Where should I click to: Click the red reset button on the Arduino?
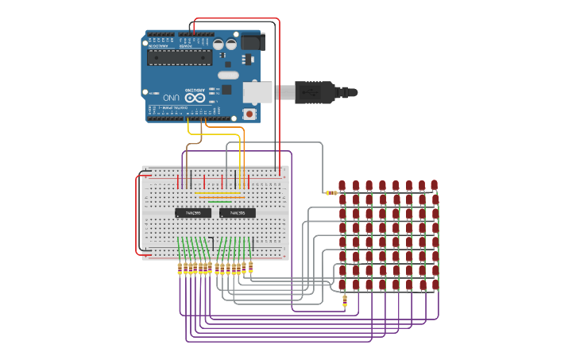coord(250,114)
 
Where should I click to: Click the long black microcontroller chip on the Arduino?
coord(180,57)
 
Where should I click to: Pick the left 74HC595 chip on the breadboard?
coord(193,213)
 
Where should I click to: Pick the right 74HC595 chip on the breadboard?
coord(238,213)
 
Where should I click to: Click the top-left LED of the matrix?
coord(342,186)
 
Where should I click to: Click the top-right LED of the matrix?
coord(435,184)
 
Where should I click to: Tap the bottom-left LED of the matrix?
coord(342,284)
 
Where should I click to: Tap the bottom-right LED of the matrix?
coord(435,283)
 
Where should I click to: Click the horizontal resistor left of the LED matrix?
coord(331,192)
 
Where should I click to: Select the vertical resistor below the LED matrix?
coord(344,300)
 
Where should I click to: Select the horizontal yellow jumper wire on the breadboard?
coord(218,192)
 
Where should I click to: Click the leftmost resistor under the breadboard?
coord(180,269)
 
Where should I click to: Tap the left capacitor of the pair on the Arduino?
coord(218,45)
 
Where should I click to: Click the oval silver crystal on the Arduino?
coord(228,75)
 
